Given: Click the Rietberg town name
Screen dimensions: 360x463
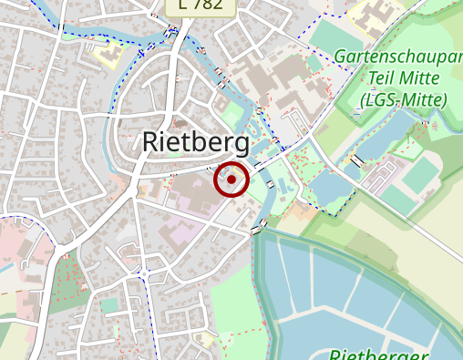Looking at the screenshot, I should click(x=196, y=142).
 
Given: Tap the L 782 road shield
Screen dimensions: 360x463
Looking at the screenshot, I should click(x=201, y=5).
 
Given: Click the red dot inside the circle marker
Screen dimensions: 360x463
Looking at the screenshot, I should click(x=231, y=180).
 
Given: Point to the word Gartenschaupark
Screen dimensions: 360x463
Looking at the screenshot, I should click(x=397, y=57).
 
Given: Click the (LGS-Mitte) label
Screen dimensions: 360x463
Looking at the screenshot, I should click(x=404, y=99).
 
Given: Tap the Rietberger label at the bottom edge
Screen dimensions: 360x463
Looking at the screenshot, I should click(x=377, y=354).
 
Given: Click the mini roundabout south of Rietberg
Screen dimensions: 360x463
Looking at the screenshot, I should click(x=143, y=272).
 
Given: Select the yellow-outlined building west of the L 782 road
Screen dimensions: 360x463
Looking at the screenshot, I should click(x=108, y=53).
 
